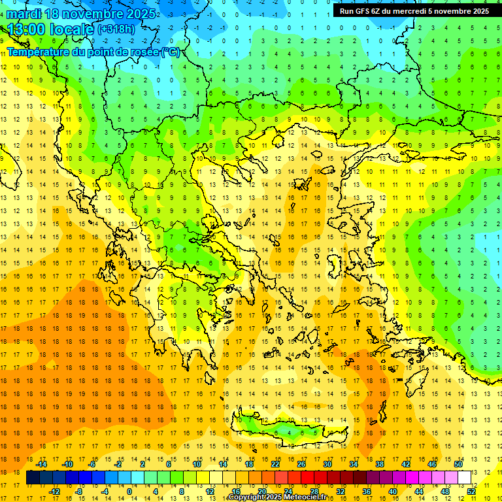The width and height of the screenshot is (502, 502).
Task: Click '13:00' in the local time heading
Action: click(27, 29)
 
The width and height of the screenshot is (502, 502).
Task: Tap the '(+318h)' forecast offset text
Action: click(117, 29)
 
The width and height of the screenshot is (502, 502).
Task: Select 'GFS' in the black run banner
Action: click(362, 11)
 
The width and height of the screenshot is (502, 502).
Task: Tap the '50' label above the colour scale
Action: click(458, 464)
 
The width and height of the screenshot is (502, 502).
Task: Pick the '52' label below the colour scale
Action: click(471, 492)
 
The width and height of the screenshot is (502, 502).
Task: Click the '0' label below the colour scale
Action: click(129, 492)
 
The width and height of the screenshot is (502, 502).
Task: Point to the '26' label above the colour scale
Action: click(301, 464)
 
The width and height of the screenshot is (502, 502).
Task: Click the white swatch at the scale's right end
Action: click(464, 478)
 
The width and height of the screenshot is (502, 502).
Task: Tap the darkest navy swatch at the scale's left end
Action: click(33, 478)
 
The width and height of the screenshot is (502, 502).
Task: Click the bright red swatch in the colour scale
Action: click(307, 478)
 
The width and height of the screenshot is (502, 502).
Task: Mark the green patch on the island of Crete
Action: click(284, 429)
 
